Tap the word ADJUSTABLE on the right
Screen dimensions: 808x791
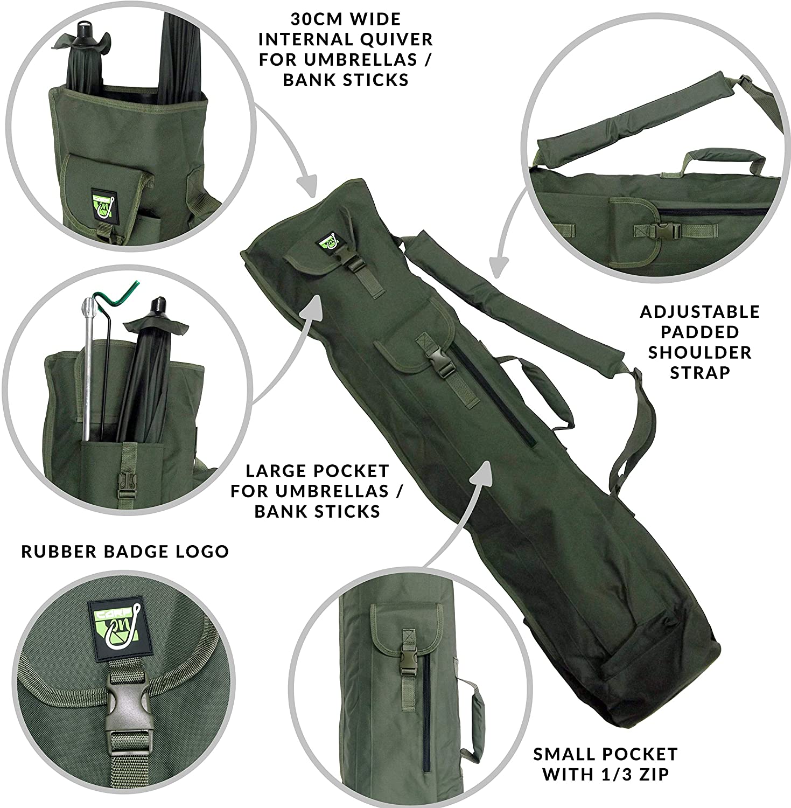(699, 312)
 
